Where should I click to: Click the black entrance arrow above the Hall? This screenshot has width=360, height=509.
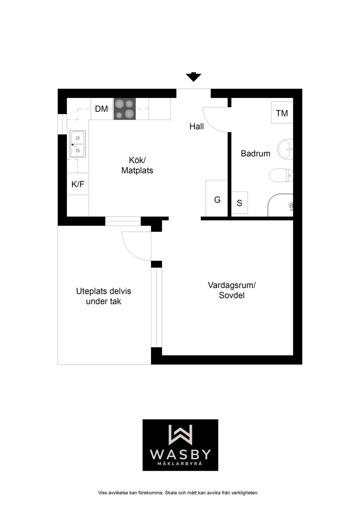pyautogui.click(x=193, y=77)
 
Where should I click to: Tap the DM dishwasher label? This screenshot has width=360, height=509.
pyautogui.click(x=102, y=109)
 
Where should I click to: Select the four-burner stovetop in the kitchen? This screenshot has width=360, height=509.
pyautogui.click(x=125, y=109)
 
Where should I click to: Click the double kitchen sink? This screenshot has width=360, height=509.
pyautogui.click(x=78, y=144)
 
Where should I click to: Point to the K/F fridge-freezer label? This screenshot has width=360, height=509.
pyautogui.click(x=78, y=184)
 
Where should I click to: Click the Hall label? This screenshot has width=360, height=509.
pyautogui.click(x=196, y=126)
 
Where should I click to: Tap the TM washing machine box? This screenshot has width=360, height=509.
pyautogui.click(x=282, y=113)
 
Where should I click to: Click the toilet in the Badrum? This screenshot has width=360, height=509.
pyautogui.click(x=281, y=175)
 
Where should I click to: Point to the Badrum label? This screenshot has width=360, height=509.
pyautogui.click(x=255, y=154)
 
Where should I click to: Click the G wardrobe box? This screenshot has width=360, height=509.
pyautogui.click(x=217, y=198)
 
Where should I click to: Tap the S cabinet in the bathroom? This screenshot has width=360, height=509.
pyautogui.click(x=239, y=203)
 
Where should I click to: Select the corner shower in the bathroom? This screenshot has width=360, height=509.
pyautogui.click(x=280, y=205)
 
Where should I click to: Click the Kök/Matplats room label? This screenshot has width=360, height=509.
pyautogui.click(x=137, y=165)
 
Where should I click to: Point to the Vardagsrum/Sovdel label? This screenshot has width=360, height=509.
pyautogui.click(x=232, y=290)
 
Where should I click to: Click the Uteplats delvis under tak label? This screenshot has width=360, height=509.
pyautogui.click(x=103, y=296)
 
